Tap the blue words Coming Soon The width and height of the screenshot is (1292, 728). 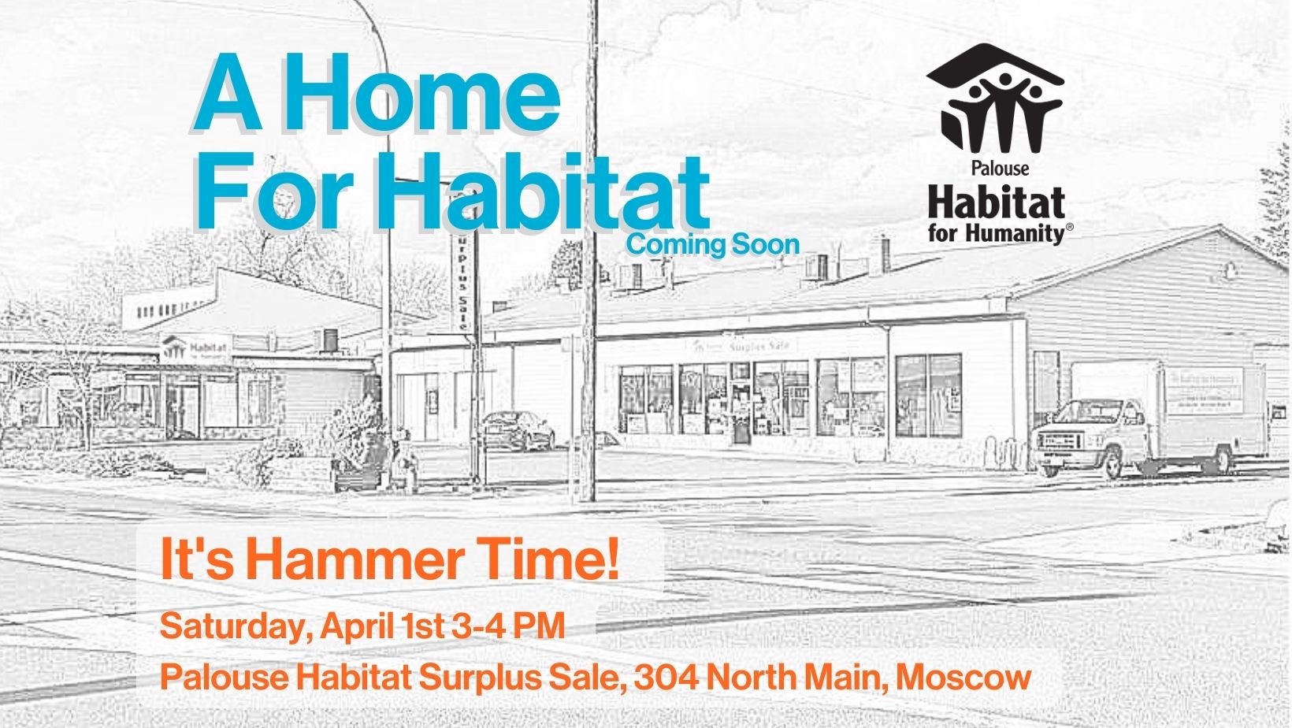tap(713, 244)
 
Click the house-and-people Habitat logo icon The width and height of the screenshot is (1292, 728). tap(996, 98)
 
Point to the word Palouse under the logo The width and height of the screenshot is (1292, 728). tap(1001, 168)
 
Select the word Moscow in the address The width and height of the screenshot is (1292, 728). tap(956, 677)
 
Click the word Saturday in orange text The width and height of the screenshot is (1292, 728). tap(236, 627)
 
